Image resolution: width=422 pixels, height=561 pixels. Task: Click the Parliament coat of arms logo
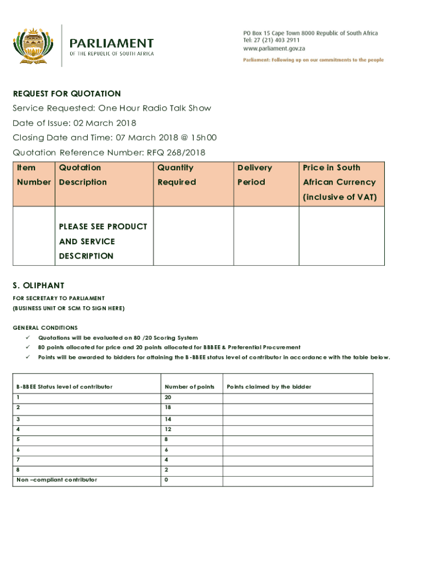(33, 44)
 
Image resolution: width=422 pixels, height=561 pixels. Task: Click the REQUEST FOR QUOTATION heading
(67, 94)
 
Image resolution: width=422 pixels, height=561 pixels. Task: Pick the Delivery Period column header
(254, 175)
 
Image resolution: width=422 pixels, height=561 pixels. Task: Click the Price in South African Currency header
(340, 182)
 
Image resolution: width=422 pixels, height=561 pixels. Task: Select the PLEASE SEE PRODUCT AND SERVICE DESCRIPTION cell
(103, 241)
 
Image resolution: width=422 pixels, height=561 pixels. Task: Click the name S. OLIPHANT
(38, 285)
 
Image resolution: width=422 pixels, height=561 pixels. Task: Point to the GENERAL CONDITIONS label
(45, 328)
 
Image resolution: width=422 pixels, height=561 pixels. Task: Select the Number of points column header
(189, 387)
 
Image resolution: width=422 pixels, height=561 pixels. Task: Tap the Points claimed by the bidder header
(269, 387)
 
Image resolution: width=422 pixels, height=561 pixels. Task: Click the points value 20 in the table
(168, 397)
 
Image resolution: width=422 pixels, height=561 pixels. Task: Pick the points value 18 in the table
(168, 408)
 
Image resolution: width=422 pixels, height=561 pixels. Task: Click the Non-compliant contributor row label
(56, 480)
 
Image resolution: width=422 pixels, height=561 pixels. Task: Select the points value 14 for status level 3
(168, 419)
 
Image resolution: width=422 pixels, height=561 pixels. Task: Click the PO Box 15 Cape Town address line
(311, 33)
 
